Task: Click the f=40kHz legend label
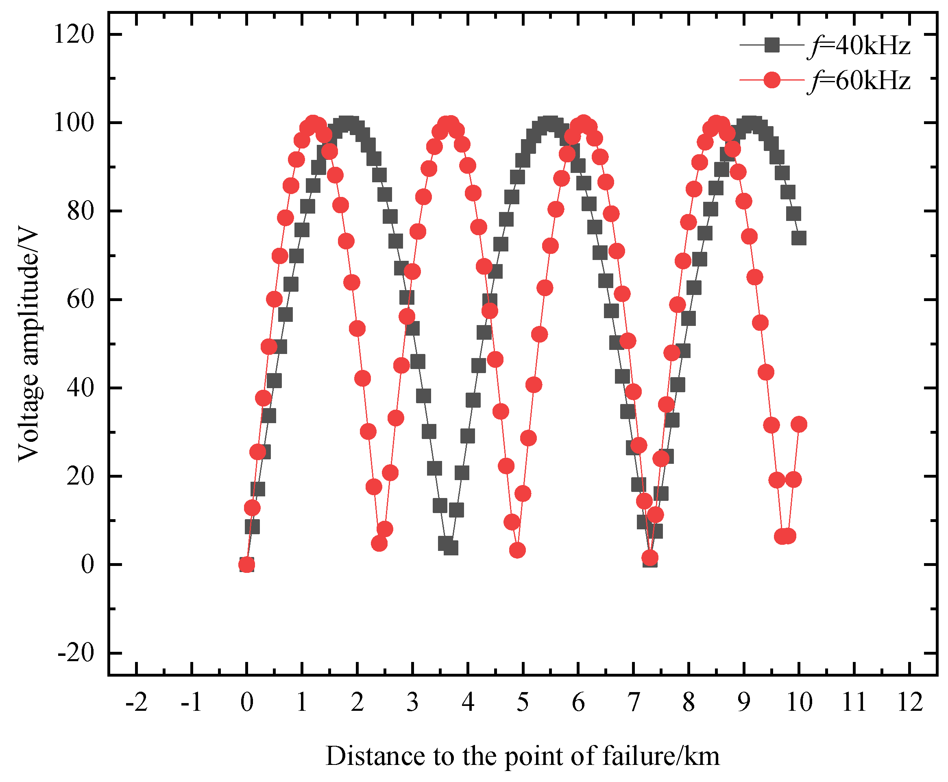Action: (x=859, y=46)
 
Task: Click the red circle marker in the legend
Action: (x=772, y=80)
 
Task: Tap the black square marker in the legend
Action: (x=772, y=45)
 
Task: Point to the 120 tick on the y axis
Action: (x=74, y=34)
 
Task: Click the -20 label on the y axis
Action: (x=76, y=653)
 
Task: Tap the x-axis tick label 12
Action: (x=910, y=702)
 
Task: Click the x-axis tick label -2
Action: (x=136, y=702)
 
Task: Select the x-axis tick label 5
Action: (x=523, y=702)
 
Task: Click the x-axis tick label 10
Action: (x=799, y=702)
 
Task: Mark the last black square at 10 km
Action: (x=799, y=238)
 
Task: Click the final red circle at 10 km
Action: (x=799, y=424)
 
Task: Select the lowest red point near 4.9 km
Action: (x=517, y=550)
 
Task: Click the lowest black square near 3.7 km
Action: (x=451, y=548)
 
